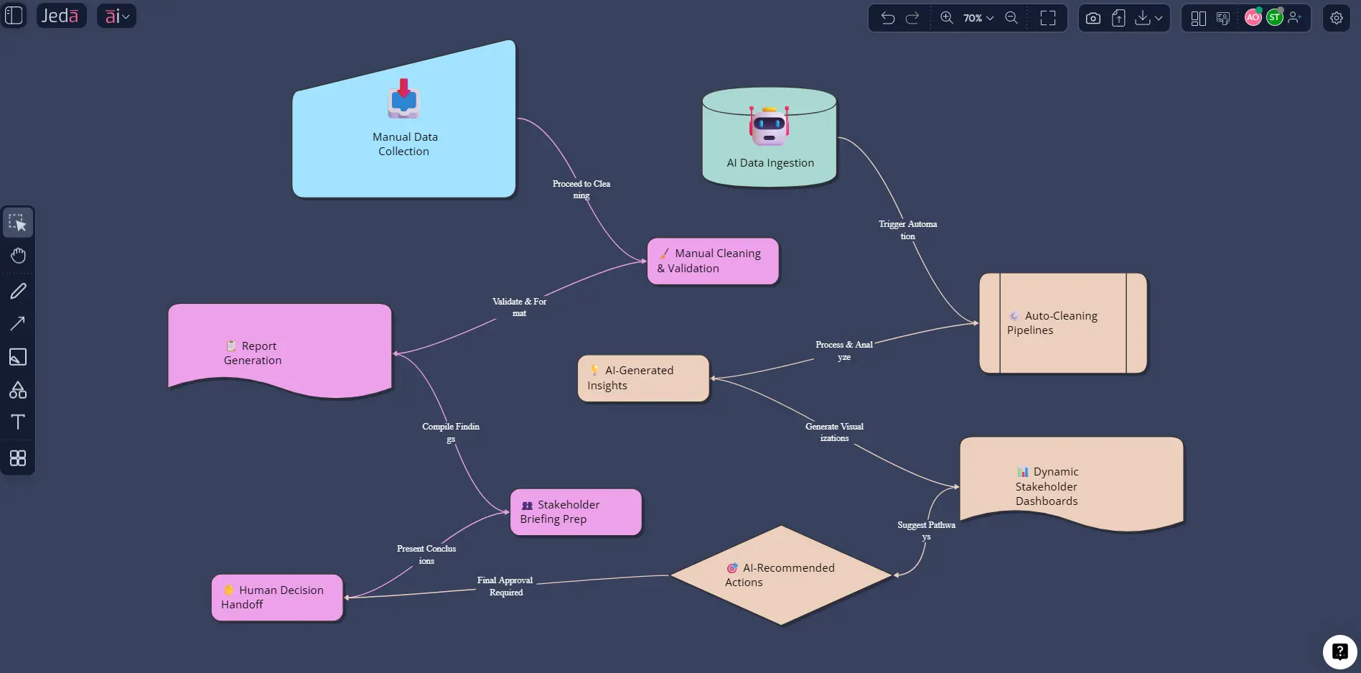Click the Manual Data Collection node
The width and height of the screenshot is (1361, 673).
(x=403, y=144)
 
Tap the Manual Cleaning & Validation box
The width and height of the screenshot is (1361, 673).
(x=712, y=261)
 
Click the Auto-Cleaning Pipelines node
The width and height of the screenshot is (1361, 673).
(x=1062, y=323)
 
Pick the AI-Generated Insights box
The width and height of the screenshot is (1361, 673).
(x=643, y=379)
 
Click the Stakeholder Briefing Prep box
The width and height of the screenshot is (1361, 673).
(x=575, y=512)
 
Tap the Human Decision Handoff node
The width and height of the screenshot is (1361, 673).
(x=276, y=598)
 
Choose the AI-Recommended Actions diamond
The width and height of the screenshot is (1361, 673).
(x=781, y=575)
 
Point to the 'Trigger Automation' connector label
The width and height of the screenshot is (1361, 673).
(x=907, y=230)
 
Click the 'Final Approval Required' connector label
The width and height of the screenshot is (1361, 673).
(x=505, y=586)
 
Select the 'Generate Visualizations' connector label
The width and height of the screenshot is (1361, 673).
(x=834, y=432)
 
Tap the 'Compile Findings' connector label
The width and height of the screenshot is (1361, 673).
(x=450, y=432)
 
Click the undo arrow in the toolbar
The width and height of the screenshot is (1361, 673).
(x=888, y=18)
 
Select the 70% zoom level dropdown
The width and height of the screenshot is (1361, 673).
(x=978, y=18)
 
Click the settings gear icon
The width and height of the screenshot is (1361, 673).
(x=1336, y=18)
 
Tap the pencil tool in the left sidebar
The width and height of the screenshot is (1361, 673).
(x=18, y=291)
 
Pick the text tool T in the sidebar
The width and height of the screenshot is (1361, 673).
(x=18, y=422)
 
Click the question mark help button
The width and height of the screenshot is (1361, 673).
(x=1339, y=651)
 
